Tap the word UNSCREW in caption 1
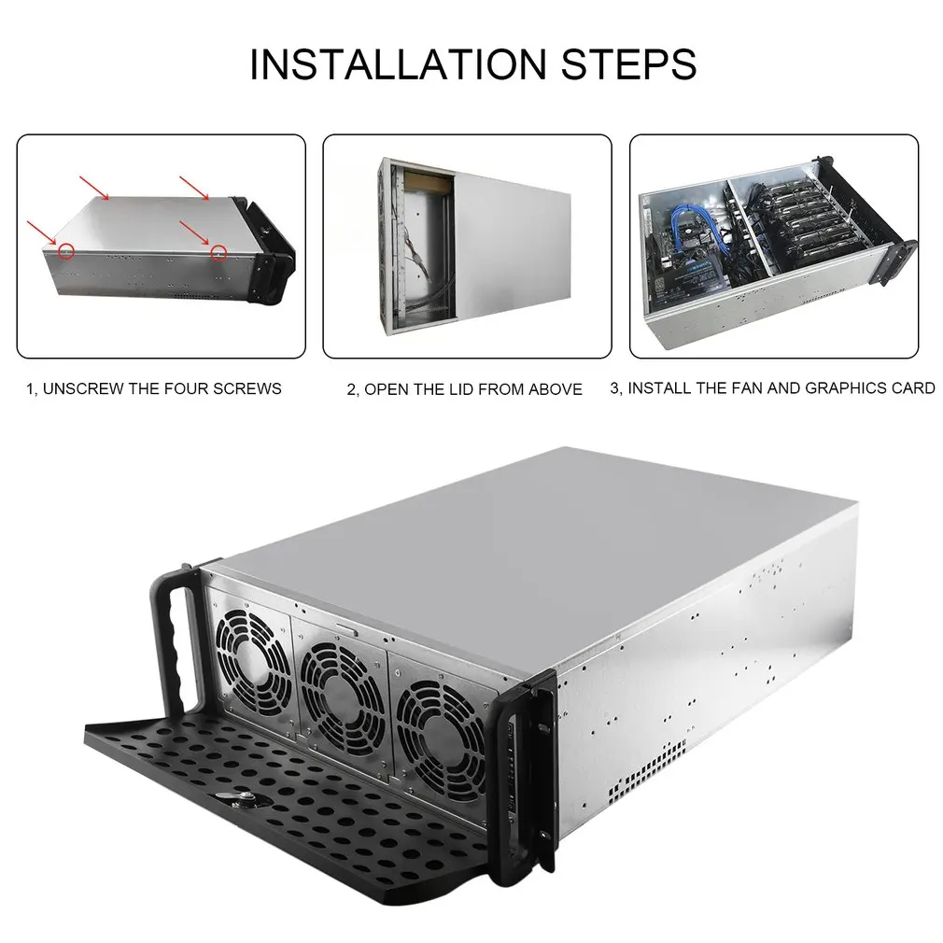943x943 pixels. (83, 388)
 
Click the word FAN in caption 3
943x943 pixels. (738, 387)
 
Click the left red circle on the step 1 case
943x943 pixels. (64, 251)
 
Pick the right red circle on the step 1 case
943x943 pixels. (218, 251)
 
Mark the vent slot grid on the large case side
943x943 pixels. (649, 766)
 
